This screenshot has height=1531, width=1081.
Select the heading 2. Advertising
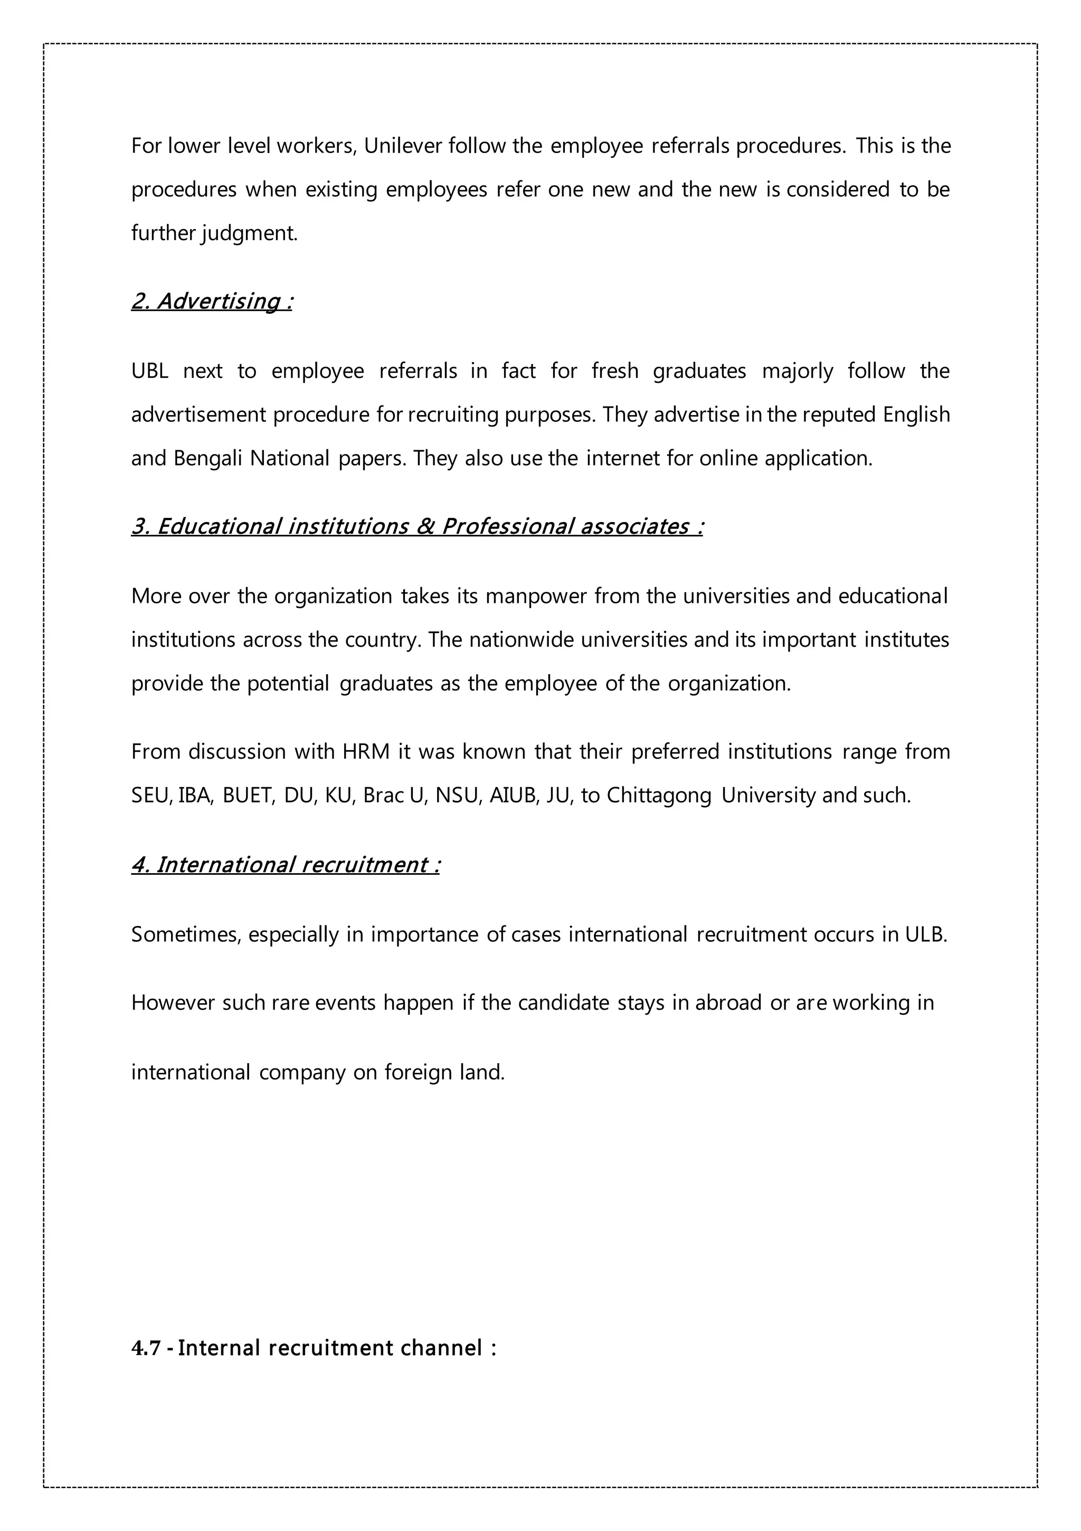(x=212, y=301)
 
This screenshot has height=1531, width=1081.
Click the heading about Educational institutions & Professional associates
(x=417, y=527)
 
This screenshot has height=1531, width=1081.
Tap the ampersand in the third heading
(x=424, y=527)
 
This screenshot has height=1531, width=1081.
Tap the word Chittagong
(x=659, y=796)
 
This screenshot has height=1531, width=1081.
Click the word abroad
(x=727, y=1003)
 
